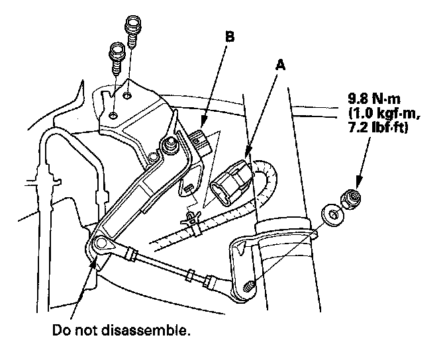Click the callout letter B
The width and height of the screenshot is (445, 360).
(x=229, y=38)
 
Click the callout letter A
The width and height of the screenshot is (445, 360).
(x=281, y=66)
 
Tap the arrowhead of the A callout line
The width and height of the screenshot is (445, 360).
(x=247, y=157)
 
